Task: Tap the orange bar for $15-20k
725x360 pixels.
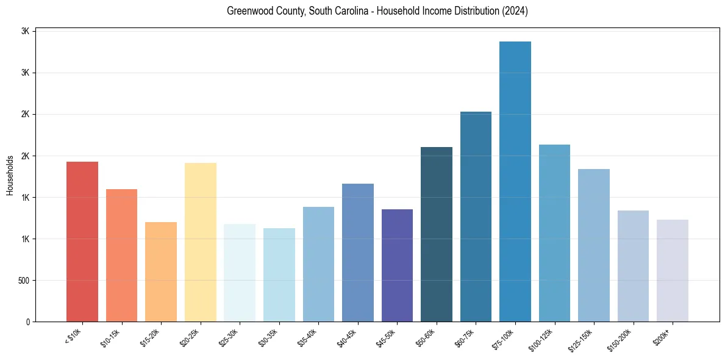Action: pyautogui.click(x=161, y=272)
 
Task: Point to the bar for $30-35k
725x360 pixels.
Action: pyautogui.click(x=279, y=275)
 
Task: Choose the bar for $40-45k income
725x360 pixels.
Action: pyautogui.click(x=358, y=253)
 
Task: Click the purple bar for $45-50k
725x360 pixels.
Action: pyautogui.click(x=397, y=265)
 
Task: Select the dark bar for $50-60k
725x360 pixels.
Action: pyautogui.click(x=437, y=234)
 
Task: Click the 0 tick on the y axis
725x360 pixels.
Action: pyautogui.click(x=28, y=322)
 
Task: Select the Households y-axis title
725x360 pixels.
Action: pyautogui.click(x=10, y=176)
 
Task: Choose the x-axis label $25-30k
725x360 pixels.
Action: pyautogui.click(x=229, y=337)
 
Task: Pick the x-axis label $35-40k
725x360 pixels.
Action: pyautogui.click(x=307, y=337)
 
